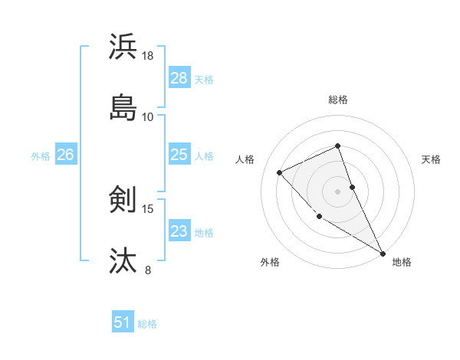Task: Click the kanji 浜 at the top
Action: (123, 47)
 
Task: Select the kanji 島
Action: (123, 108)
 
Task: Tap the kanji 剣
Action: (123, 200)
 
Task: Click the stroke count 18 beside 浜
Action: (148, 56)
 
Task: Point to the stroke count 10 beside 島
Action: (148, 116)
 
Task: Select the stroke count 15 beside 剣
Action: (148, 208)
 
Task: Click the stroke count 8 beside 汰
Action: (148, 269)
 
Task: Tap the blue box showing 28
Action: (179, 78)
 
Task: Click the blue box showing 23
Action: (179, 231)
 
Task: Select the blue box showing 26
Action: (65, 155)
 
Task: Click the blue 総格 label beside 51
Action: (147, 324)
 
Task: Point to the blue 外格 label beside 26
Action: (41, 156)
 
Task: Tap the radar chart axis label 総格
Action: (338, 100)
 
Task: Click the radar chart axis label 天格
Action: (432, 159)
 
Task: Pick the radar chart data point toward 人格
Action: (280, 172)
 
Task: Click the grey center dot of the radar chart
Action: (338, 191)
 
